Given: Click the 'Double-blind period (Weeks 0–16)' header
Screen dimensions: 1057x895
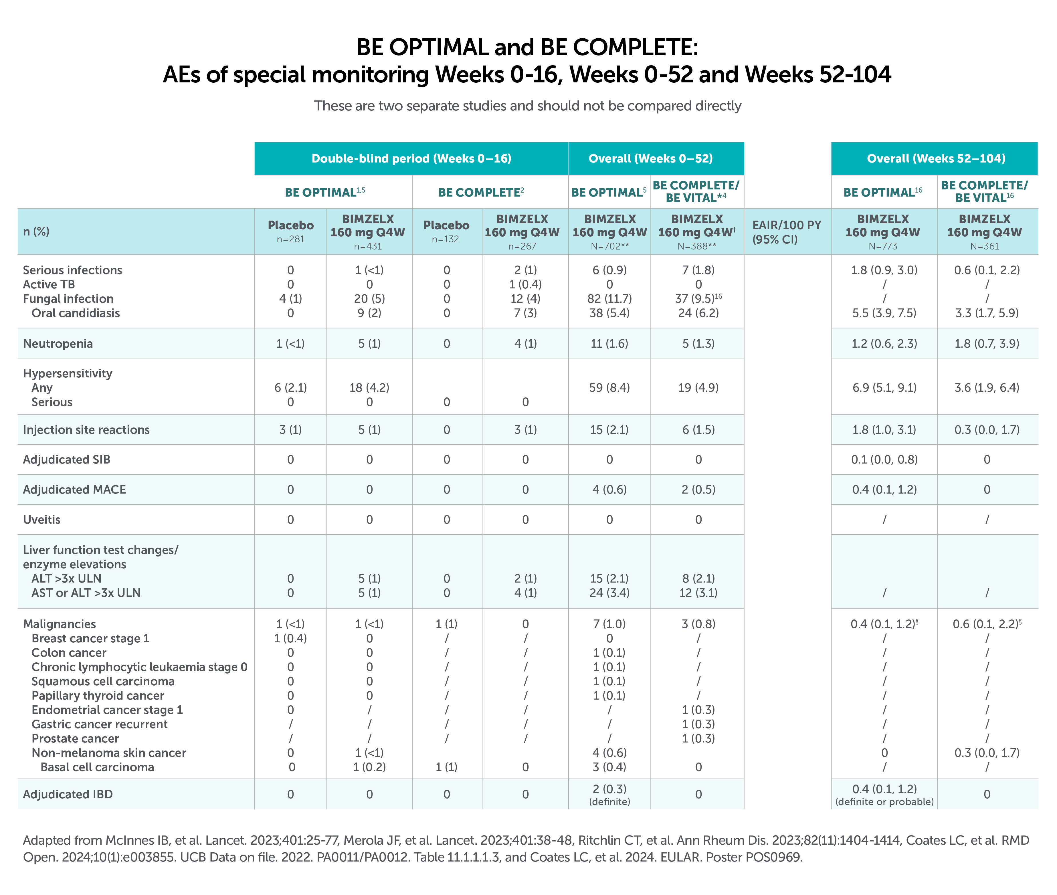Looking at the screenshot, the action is click(x=411, y=158).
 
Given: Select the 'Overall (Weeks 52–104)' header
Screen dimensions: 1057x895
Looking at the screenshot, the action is click(x=936, y=158).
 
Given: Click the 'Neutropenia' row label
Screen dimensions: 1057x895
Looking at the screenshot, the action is click(x=58, y=343).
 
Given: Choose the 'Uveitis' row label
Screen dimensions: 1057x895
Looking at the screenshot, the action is click(x=41, y=520).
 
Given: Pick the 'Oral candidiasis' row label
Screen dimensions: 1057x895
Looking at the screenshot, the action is click(x=76, y=313).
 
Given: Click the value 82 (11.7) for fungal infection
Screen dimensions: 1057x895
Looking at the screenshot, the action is click(x=609, y=299).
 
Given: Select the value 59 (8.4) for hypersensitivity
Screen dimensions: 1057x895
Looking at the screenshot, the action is click(x=609, y=388).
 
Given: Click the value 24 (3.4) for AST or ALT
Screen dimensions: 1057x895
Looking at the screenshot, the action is click(x=609, y=593).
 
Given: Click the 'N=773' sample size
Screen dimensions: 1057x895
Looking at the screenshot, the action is click(x=883, y=246).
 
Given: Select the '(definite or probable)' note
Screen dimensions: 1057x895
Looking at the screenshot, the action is click(x=884, y=802).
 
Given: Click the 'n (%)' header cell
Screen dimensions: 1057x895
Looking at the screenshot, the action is click(x=37, y=232).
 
